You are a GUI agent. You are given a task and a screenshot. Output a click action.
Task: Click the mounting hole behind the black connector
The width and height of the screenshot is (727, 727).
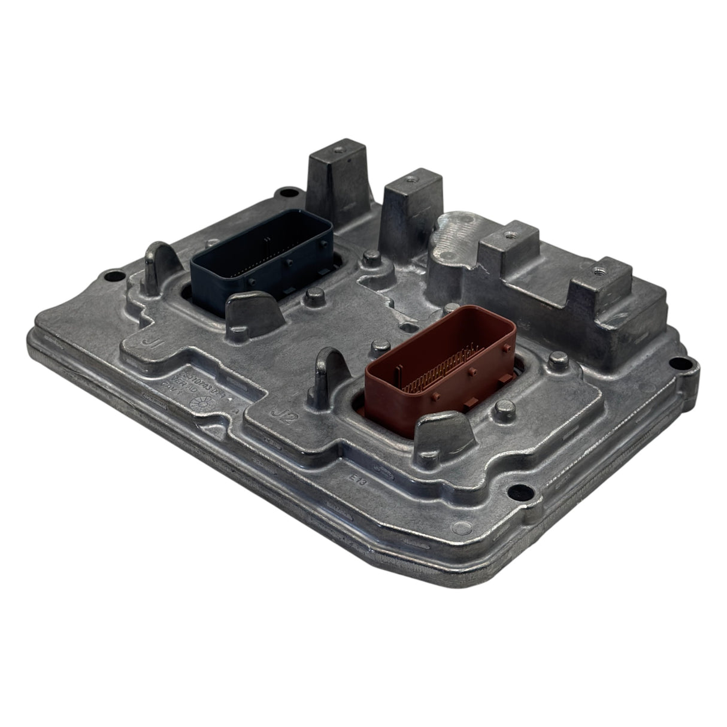coord(291,195)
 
